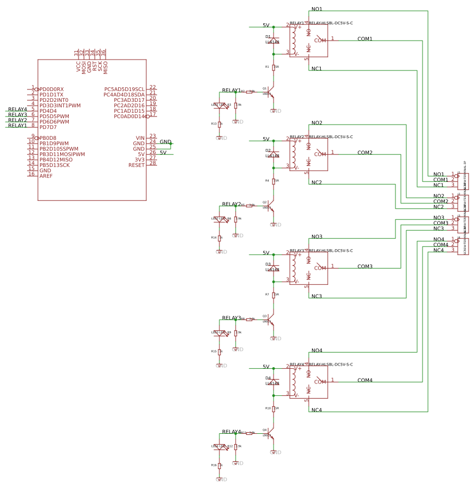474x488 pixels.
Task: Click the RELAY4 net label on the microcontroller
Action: pos(17,109)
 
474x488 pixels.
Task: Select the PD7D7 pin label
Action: pos(48,127)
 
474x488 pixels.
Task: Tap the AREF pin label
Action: pos(46,176)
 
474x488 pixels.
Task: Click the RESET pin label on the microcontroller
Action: pos(137,165)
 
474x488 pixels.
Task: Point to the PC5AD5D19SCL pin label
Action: pos(124,89)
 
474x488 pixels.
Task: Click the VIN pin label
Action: pos(140,138)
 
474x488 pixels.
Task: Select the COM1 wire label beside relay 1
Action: pos(365,39)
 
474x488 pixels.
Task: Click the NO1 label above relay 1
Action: pos(317,9)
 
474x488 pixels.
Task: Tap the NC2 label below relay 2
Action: pos(317,183)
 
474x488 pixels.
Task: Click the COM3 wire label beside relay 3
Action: pos(365,266)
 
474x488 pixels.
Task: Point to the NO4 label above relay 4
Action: pos(317,350)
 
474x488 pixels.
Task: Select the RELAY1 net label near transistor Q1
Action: pos(231,90)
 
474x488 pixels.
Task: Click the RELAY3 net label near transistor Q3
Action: pos(231,318)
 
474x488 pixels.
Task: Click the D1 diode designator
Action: pos(268,37)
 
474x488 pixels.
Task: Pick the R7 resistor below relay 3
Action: pos(274,295)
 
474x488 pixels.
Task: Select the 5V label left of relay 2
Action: pos(265,139)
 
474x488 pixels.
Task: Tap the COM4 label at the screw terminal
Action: pos(440,245)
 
